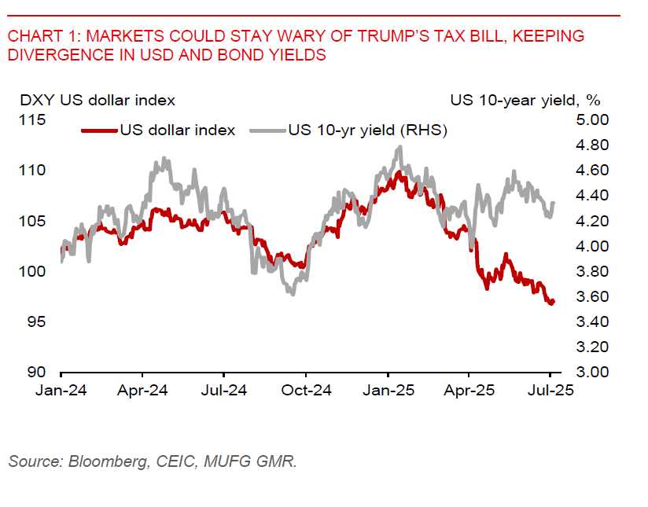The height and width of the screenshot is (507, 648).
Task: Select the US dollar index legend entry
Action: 176,130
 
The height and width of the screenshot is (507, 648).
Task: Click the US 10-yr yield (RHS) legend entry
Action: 367,130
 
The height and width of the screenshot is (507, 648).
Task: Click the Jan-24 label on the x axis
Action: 61,389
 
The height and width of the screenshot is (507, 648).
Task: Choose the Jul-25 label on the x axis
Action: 550,389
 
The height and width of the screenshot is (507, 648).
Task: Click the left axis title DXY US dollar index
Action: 98,100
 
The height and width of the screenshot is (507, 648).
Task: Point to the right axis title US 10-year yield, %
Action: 525,100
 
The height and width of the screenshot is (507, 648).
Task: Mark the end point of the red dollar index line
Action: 554,301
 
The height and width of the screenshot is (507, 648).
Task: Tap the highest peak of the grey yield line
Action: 400,146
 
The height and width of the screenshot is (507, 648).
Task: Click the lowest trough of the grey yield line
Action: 293,294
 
